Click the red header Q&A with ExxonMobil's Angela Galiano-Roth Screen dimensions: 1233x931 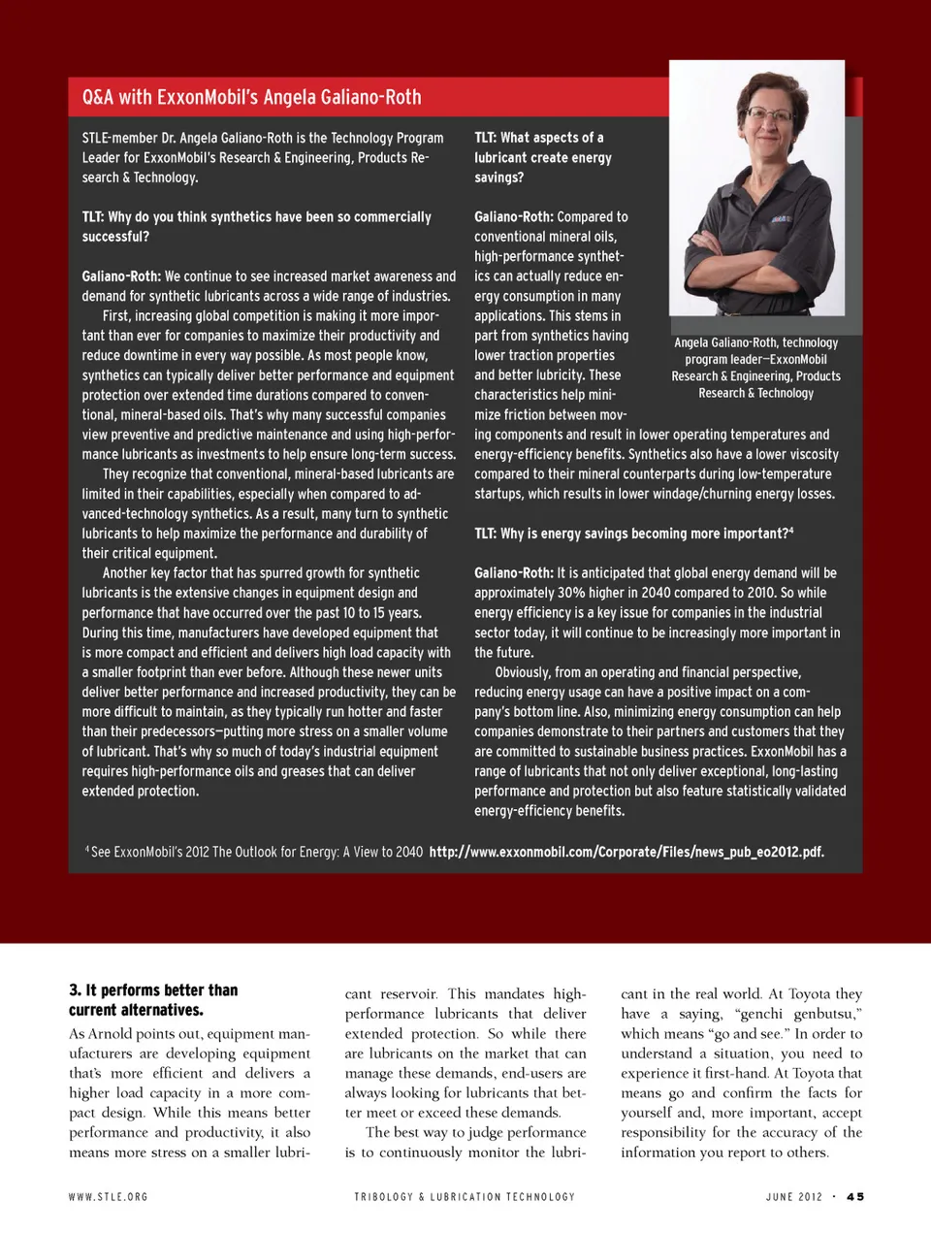tap(251, 97)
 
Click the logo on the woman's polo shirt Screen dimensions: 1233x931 tap(782, 220)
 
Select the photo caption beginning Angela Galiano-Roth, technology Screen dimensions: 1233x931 tap(756, 368)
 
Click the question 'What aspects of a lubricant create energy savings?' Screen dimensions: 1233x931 tap(543, 157)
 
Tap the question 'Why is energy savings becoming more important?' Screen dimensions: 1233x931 tap(633, 534)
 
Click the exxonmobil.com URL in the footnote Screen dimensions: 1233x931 tap(626, 852)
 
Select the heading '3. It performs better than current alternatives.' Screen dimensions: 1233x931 tap(153, 999)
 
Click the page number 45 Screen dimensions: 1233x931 tap(854, 1197)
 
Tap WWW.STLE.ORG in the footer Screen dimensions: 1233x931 tap(108, 1197)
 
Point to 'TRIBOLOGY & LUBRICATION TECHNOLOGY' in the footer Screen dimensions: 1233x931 tap(465, 1197)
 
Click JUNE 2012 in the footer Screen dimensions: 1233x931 tap(793, 1197)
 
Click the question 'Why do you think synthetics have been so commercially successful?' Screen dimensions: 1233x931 tap(256, 226)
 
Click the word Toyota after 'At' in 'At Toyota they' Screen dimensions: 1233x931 tap(809, 993)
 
